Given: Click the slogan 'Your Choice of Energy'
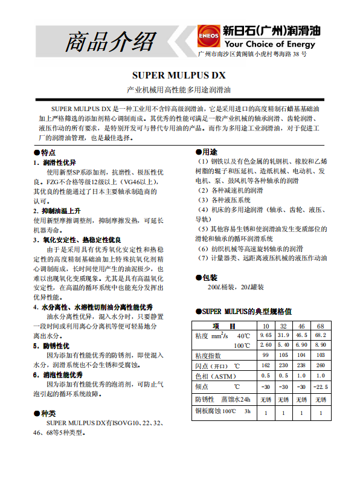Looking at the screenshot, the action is [x=269, y=44].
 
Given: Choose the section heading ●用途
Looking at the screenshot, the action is [x=206, y=152].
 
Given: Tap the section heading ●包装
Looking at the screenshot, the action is [x=206, y=278].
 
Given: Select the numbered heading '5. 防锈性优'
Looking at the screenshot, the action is [x=51, y=345].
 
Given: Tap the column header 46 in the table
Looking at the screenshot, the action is [x=301, y=326].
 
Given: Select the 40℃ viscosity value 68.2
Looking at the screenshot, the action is [x=321, y=335].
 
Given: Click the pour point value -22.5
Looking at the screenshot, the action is [x=321, y=387].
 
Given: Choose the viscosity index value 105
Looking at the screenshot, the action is [x=283, y=355].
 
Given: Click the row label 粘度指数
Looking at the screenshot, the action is [x=208, y=355].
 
